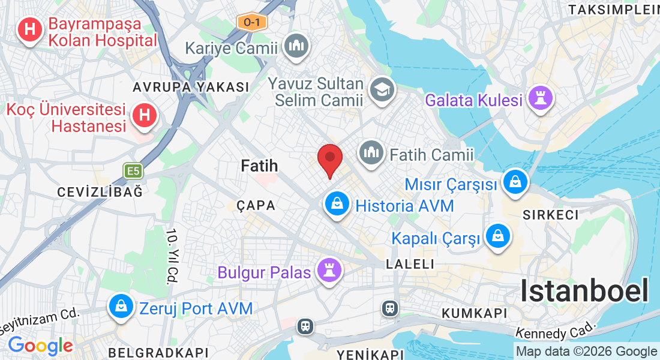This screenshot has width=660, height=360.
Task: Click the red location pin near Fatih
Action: click(x=329, y=158)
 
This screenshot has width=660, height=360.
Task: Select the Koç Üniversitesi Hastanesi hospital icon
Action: click(x=144, y=115)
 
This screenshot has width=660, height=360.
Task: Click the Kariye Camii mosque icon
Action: click(x=296, y=47)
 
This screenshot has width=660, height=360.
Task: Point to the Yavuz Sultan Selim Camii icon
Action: click(x=382, y=89)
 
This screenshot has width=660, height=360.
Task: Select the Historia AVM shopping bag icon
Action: click(x=337, y=204)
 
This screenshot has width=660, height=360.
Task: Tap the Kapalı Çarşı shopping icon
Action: click(x=497, y=236)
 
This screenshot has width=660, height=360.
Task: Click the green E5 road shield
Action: click(x=133, y=172)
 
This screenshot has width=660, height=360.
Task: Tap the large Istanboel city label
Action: click(x=584, y=291)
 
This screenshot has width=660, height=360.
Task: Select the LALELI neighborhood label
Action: click(x=410, y=264)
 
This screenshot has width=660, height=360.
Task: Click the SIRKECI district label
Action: click(x=550, y=215)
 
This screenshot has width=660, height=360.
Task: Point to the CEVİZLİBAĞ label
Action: click(x=100, y=192)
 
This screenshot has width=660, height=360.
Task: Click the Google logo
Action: click(x=40, y=346)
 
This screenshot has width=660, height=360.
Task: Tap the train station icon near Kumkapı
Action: click(x=390, y=308)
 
